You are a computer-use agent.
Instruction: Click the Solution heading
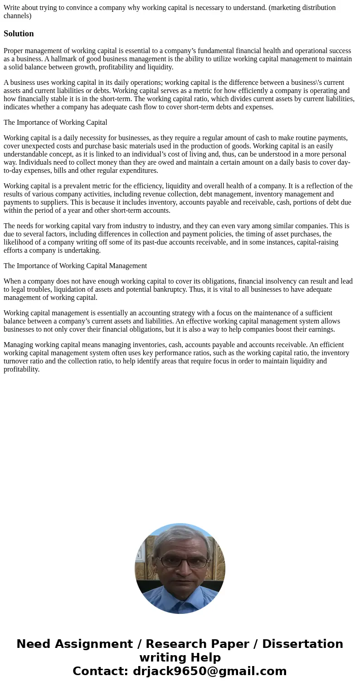point(19,34)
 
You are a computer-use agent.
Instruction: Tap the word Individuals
point(33,162)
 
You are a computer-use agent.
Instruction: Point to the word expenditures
point(136,171)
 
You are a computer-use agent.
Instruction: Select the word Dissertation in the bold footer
point(302,644)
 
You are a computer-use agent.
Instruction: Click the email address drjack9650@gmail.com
point(209,671)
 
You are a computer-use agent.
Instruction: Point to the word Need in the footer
point(35,644)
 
